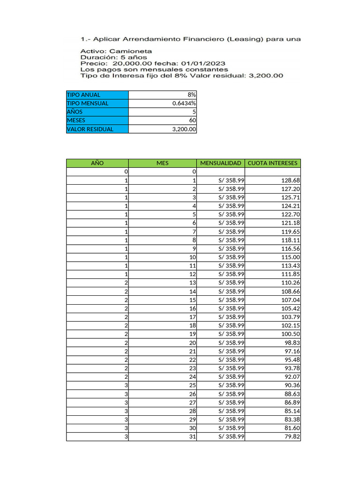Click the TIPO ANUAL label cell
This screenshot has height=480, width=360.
click(x=97, y=95)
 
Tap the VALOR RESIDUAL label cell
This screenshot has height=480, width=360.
click(x=97, y=129)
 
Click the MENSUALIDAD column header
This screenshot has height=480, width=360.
click(x=221, y=163)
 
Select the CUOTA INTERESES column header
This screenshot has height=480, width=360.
click(x=273, y=163)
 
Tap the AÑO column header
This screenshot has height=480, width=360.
click(x=97, y=163)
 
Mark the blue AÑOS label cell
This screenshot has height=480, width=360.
click(x=97, y=112)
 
